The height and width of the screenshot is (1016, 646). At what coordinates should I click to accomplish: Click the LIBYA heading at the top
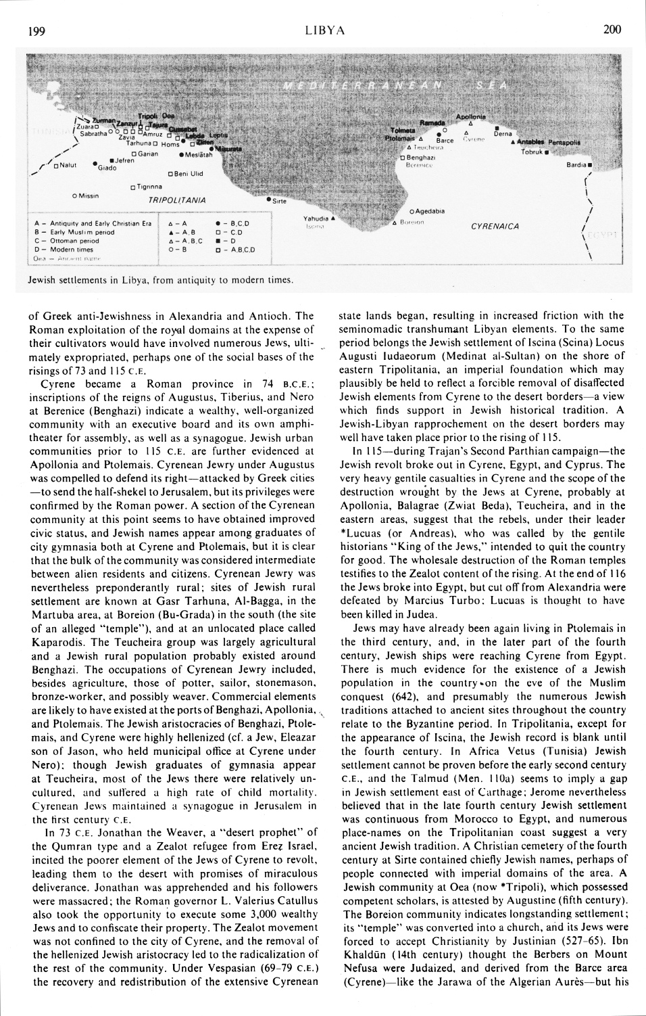coord(325,30)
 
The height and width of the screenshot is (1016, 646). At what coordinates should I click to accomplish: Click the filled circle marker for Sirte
coord(268,200)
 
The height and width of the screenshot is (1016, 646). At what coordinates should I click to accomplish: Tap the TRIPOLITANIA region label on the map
coord(177,201)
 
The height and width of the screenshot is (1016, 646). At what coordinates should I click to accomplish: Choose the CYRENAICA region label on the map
coord(495,227)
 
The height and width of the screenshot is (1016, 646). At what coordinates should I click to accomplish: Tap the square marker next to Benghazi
coord(402,158)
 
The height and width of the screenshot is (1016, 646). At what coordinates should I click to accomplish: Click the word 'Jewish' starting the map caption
coord(42,279)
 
